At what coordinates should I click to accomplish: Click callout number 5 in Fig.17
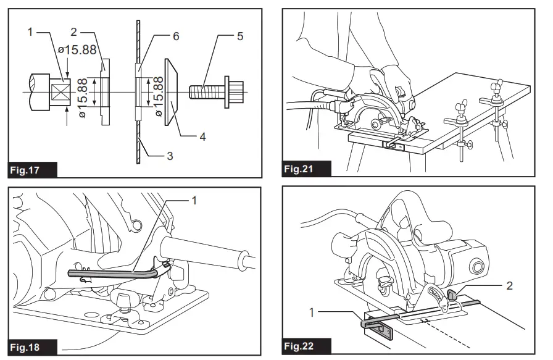pos(240,36)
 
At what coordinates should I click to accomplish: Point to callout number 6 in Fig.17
pos(176,36)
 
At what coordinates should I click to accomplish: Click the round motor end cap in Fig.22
pos(477,266)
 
